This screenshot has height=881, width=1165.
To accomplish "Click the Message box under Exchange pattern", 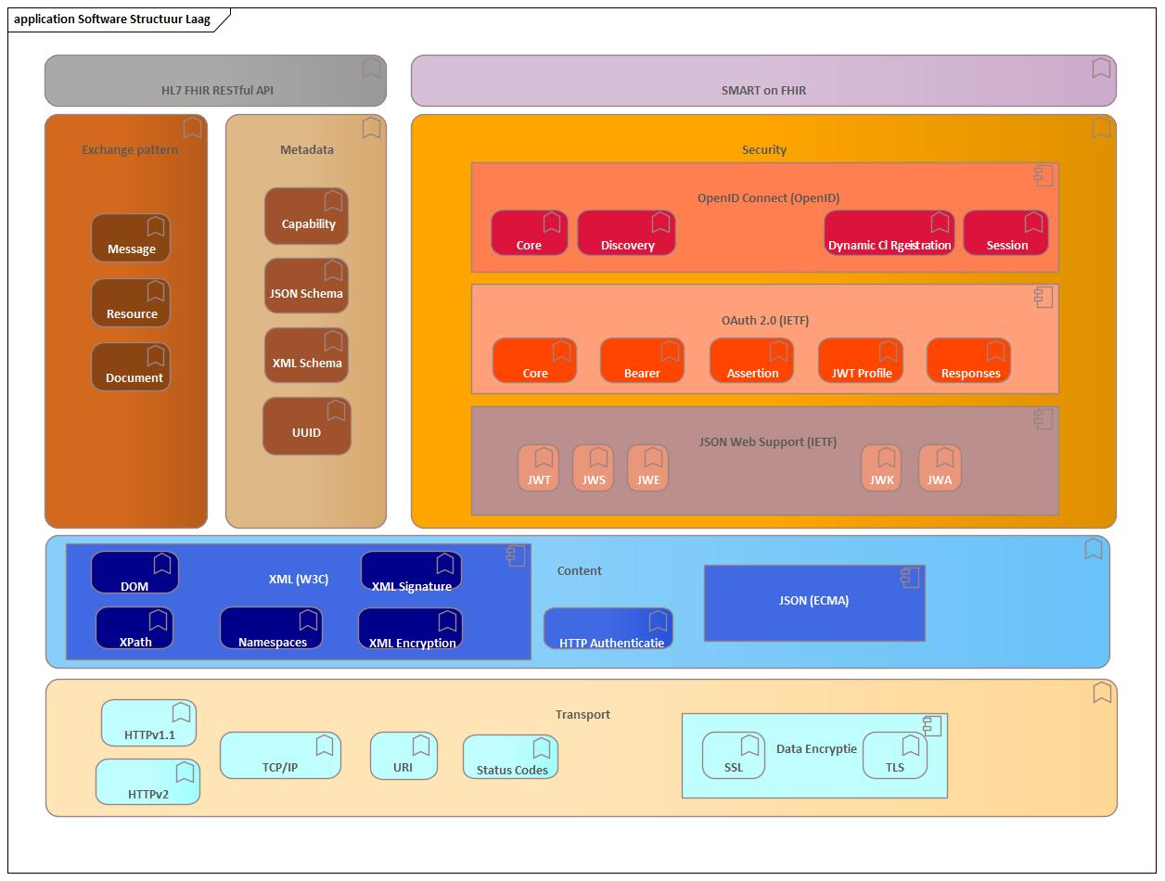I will pos(131,238).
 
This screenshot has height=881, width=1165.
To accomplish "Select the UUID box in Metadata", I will pos(306,427).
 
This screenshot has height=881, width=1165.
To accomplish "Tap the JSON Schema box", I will pos(306,286).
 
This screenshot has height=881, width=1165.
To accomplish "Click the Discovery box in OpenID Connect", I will pos(626,234).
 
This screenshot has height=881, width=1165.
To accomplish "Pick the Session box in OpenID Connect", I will pos(1005,234).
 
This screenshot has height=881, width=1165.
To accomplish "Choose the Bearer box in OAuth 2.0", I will pos(642,361).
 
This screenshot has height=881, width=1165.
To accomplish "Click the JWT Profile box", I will pos(861,361).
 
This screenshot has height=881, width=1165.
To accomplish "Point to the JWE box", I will pos(648,468).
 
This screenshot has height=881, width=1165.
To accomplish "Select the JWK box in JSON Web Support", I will pos(881,468).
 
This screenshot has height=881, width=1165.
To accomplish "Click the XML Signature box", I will pos(411,572).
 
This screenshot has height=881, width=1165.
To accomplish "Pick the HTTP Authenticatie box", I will pos(608,629).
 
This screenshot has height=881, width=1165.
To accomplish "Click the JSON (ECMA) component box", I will pos(814,604).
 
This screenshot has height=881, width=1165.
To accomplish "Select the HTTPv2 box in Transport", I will pos(147,782).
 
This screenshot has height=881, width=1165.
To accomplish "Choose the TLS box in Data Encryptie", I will pos(894,755).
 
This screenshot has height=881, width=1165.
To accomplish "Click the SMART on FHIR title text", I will pos(763,91).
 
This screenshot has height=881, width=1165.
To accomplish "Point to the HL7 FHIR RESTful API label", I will pos(217,91).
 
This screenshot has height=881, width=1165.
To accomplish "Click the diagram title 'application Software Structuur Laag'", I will pos(112,19).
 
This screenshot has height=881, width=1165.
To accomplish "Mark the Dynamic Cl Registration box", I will pos(889,234).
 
